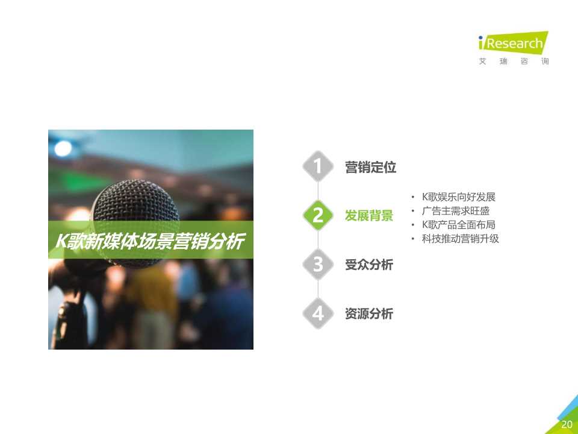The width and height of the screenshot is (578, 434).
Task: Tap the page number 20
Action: point(567,424)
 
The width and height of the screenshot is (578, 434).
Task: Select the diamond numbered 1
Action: point(318,166)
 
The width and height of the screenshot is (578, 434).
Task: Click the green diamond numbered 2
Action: point(318,215)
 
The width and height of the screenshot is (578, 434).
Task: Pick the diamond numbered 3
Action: point(318,265)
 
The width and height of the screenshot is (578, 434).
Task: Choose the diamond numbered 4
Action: point(318,313)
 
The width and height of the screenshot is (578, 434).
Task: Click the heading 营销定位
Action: point(370,168)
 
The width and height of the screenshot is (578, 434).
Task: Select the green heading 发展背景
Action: point(368,216)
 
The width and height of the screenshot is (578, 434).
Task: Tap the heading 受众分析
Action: point(368,265)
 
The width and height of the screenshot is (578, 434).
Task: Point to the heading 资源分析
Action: point(368,314)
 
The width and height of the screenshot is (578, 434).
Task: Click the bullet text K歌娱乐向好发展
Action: point(458,197)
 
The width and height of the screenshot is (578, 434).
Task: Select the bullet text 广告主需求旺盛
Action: point(455,211)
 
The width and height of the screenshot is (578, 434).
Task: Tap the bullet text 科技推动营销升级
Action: point(460,239)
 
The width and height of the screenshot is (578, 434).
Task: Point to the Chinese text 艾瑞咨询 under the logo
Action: point(514,61)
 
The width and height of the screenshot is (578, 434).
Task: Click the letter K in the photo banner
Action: point(61,242)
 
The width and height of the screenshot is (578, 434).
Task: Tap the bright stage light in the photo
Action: point(63,146)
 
